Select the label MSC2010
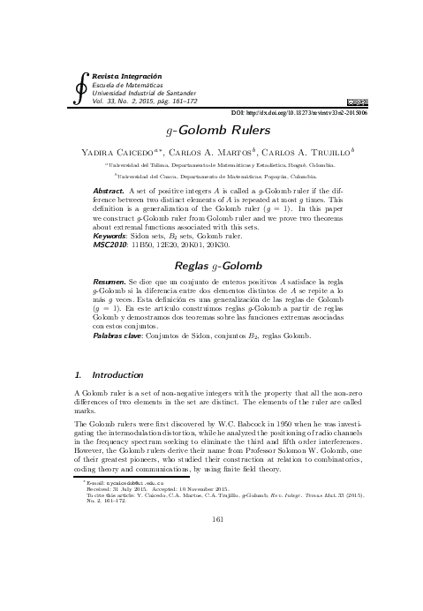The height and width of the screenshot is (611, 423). coord(112,244)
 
